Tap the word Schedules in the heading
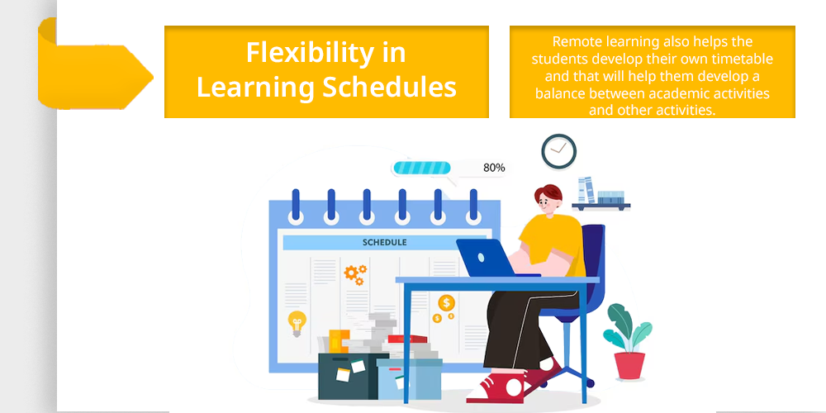point(389,87)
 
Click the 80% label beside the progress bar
point(494,168)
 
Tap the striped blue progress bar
point(421,168)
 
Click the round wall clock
point(559,152)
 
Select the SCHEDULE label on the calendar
point(385,243)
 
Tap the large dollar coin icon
point(447,303)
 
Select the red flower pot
point(629,366)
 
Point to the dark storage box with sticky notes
point(349,376)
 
